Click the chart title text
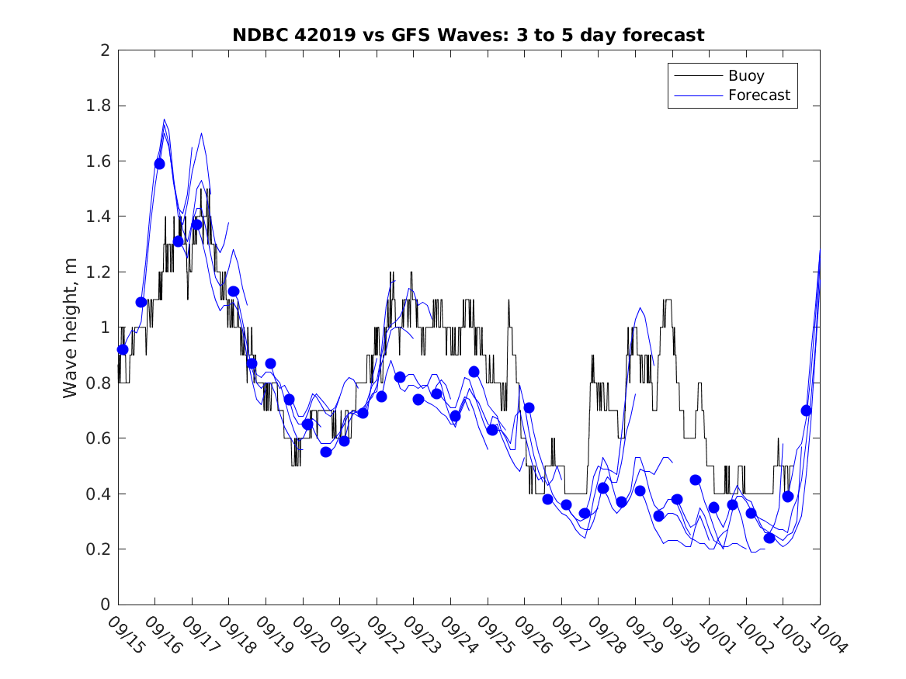[x=468, y=36]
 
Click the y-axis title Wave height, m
[x=71, y=327]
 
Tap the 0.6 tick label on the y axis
[x=101, y=438]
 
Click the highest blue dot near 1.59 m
[x=159, y=164]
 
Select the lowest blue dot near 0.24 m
[x=769, y=538]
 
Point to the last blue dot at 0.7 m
[x=807, y=411]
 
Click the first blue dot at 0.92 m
[x=123, y=349]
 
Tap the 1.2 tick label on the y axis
[x=101, y=272]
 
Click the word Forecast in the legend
[x=758, y=95]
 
